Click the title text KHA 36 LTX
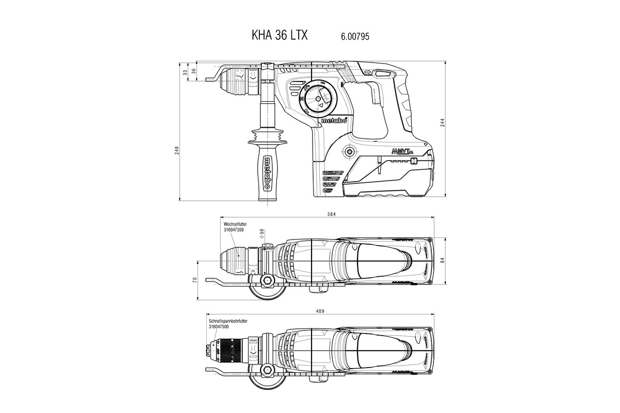280,36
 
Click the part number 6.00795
354,36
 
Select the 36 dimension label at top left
194,71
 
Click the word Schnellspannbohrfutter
227,321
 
